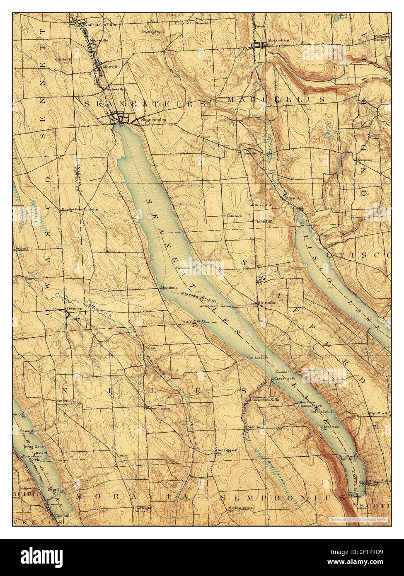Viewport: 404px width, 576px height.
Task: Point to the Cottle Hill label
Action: tap(65, 60)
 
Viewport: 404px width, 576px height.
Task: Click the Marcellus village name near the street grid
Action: tap(278, 40)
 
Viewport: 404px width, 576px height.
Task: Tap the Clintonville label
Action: tap(247, 152)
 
